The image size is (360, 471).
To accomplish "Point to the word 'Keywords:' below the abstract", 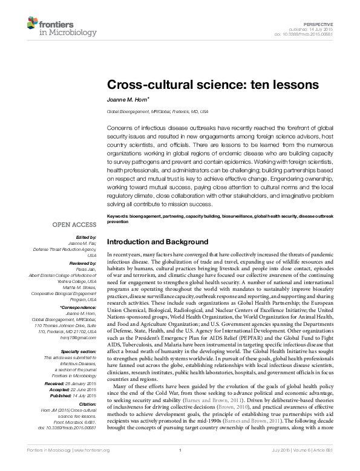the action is click(118, 216).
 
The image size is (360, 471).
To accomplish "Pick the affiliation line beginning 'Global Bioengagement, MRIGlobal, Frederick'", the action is click(157, 112).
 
